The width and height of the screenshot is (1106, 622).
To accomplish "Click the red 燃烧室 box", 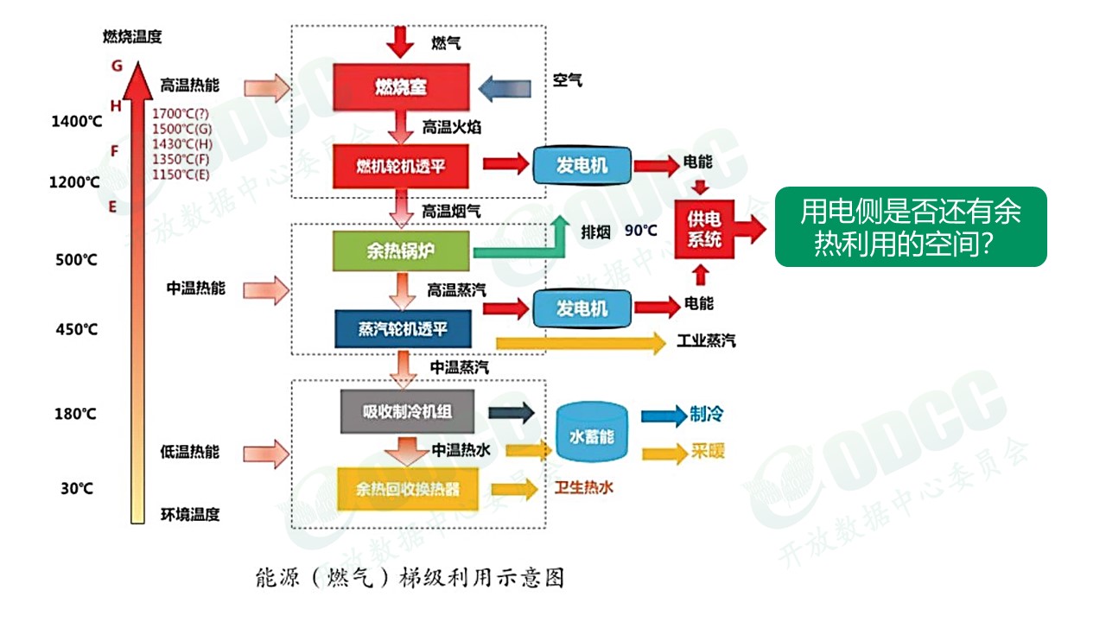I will (401, 86).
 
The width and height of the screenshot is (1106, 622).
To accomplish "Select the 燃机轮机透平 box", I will (401, 166).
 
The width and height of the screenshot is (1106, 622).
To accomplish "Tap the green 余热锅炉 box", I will (401, 251).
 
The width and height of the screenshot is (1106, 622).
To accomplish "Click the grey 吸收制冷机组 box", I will (407, 411).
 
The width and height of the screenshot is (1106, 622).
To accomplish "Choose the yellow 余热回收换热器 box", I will (408, 489).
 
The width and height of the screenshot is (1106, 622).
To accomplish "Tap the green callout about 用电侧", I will (910, 226).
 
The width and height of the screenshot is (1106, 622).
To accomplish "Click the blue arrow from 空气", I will (505, 87).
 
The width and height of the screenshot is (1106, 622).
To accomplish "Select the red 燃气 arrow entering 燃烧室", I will (401, 41).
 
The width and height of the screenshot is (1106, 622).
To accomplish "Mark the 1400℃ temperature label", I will (76, 122).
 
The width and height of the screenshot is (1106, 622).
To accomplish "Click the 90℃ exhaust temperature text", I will (641, 231).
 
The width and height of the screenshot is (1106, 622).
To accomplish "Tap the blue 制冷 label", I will (706, 415).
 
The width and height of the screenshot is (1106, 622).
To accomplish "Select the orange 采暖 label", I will (707, 452).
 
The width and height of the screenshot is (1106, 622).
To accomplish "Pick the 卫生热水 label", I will (584, 488).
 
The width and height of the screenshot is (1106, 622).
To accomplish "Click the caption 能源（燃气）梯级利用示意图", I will (410, 577).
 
